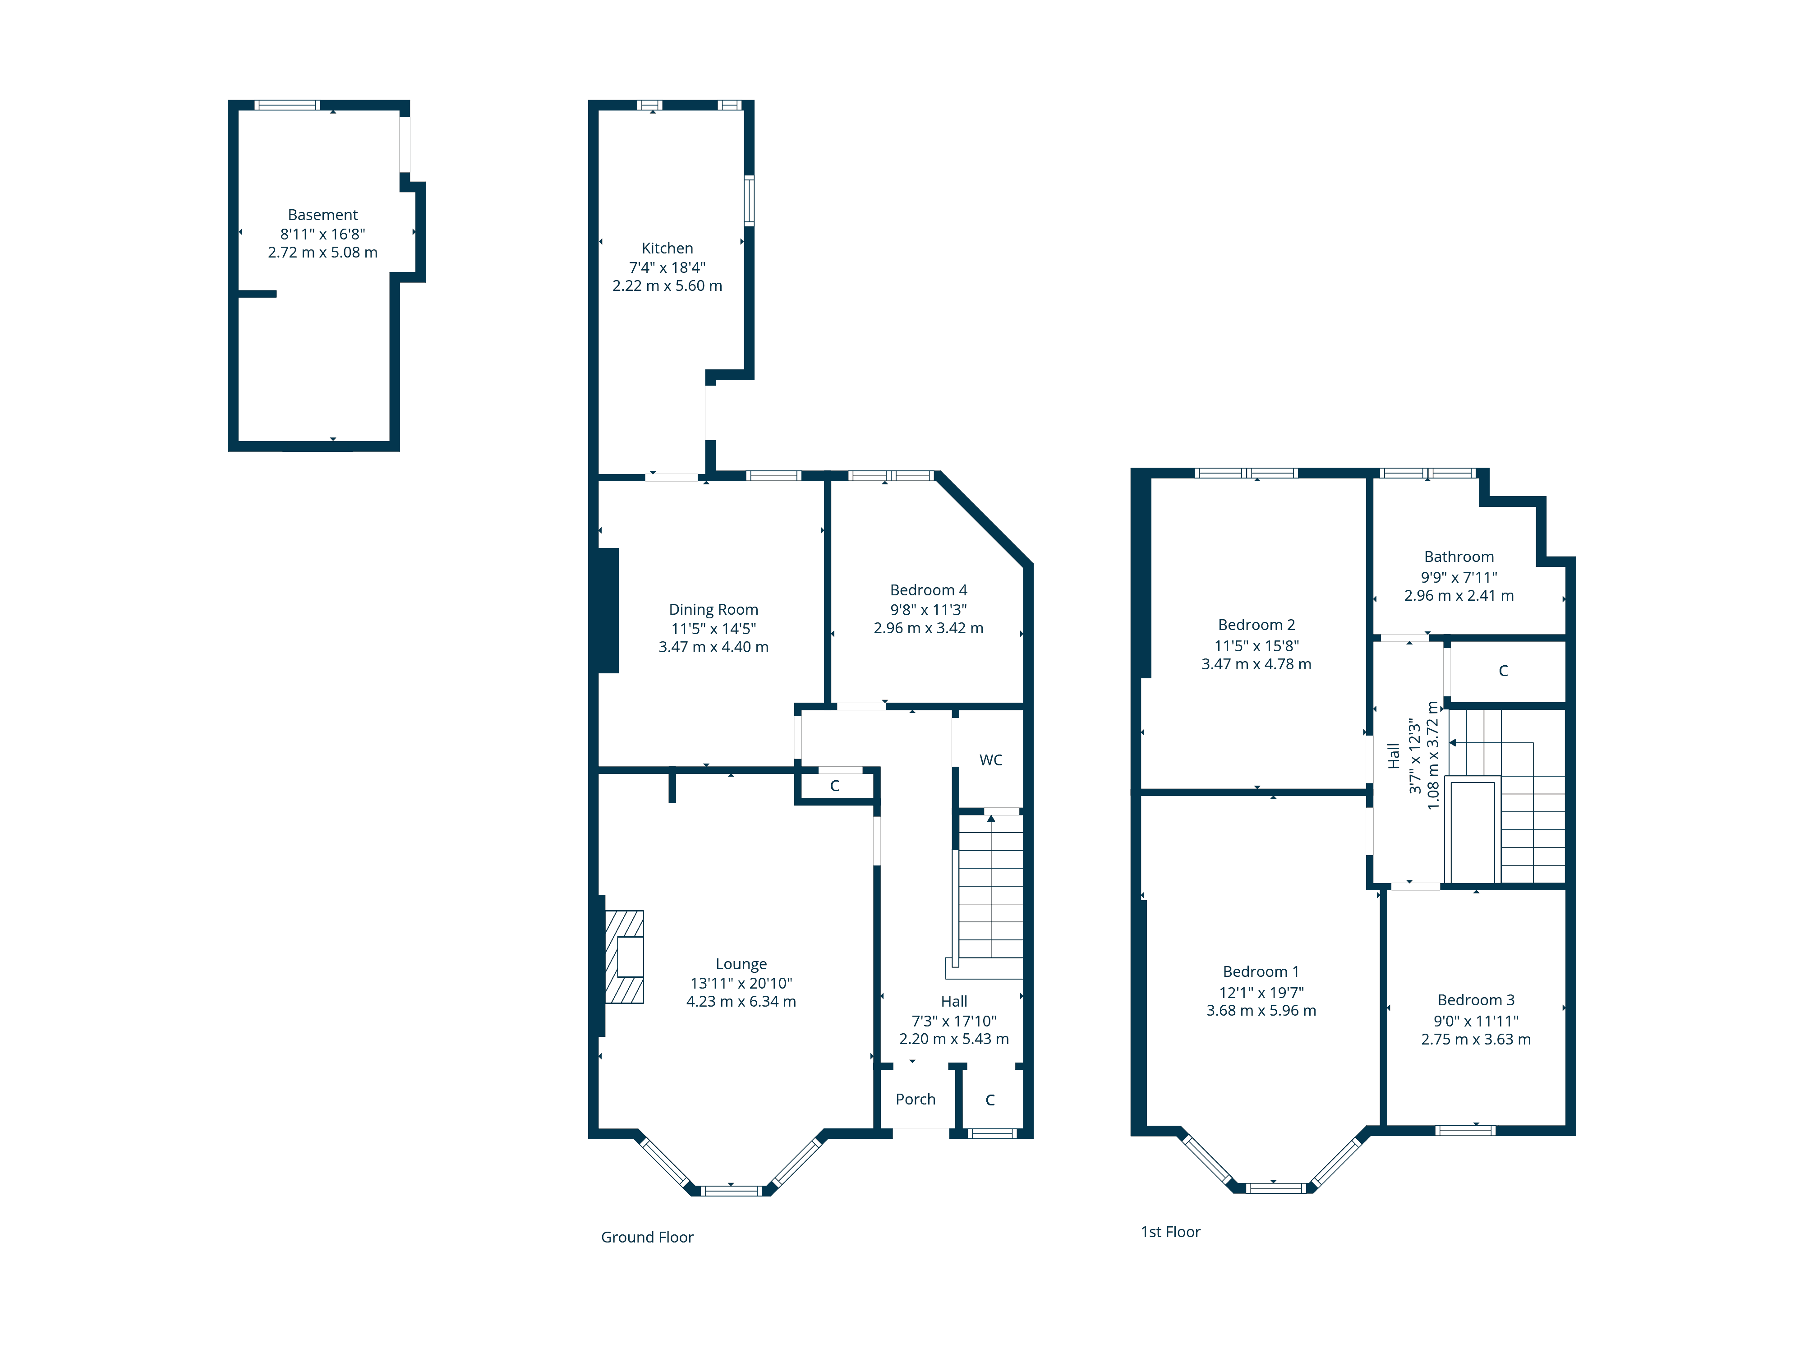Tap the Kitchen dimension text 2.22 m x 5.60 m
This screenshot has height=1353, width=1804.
pyautogui.click(x=667, y=285)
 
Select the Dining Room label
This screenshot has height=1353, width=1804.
pyautogui.click(x=713, y=609)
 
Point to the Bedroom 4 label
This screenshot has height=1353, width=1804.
pyautogui.click(x=928, y=589)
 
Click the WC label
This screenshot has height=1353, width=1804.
pyautogui.click(x=991, y=760)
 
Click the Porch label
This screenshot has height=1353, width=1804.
pyautogui.click(x=915, y=1100)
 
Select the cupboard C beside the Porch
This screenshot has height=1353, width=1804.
pyautogui.click(x=990, y=1100)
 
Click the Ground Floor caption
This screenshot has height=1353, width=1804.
pyautogui.click(x=647, y=1237)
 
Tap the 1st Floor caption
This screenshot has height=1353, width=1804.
pyautogui.click(x=1170, y=1232)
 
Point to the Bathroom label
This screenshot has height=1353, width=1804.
pyautogui.click(x=1459, y=557)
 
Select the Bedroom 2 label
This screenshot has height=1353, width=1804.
pyautogui.click(x=1256, y=625)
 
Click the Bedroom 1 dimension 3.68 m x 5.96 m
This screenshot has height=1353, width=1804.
pyautogui.click(x=1261, y=1011)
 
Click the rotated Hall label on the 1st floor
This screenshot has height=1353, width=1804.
pyautogui.click(x=1394, y=755)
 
